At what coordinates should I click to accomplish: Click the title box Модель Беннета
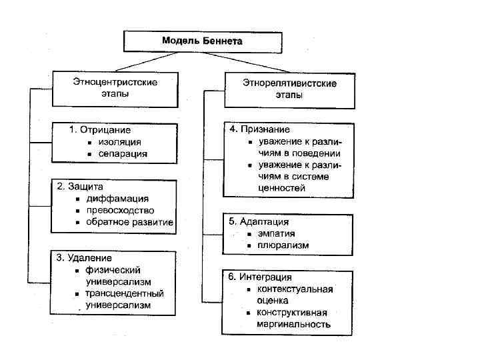tap(202, 41)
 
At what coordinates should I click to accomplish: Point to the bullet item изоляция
tap(119, 142)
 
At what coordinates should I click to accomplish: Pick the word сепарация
tap(123, 153)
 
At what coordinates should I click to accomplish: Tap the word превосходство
tap(125, 210)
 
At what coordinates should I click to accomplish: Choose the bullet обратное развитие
tap(129, 222)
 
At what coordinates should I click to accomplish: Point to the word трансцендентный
tap(125, 293)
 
